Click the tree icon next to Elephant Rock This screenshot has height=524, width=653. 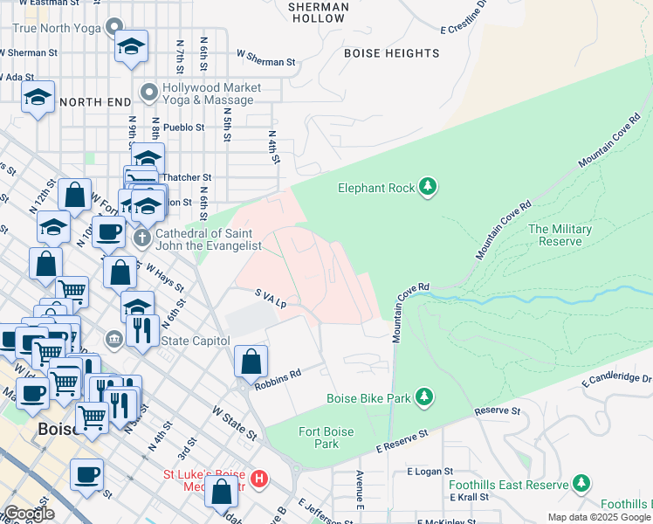coord(428,186)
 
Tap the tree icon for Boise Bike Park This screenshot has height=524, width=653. coord(424,398)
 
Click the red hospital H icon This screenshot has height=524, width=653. coord(258,479)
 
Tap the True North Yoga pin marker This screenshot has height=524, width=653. coord(113,28)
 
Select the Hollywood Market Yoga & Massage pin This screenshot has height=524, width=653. coord(149,92)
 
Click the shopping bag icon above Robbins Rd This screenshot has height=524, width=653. coord(251,362)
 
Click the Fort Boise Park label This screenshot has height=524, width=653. coord(319,438)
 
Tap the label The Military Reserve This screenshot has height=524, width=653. coord(560,235)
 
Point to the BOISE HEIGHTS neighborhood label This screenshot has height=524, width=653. coord(391,53)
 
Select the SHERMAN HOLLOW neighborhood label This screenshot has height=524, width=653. coord(318,12)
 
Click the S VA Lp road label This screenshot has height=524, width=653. coord(271,299)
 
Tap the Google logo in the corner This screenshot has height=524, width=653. coord(29,514)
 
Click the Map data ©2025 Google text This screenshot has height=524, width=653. coord(599,517)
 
